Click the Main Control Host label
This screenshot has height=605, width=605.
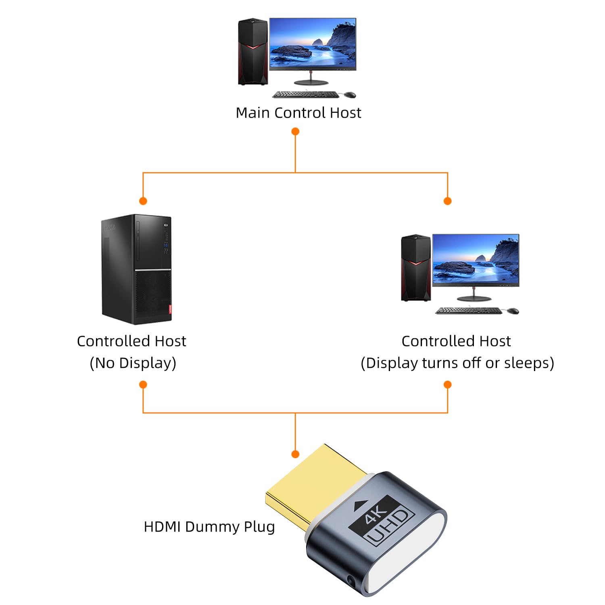click(x=298, y=113)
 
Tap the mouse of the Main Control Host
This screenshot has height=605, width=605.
click(x=350, y=94)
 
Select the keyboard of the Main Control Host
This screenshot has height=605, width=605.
click(x=306, y=94)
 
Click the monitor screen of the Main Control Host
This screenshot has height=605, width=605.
click(x=313, y=43)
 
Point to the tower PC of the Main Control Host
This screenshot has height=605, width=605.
click(x=253, y=52)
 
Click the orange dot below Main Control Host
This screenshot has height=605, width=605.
click(x=295, y=131)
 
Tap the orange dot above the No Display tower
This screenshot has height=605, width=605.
click(x=143, y=201)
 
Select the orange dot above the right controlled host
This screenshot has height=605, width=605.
click(x=447, y=201)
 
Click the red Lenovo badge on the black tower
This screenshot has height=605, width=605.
click(x=170, y=309)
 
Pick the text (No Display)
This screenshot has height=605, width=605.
click(x=133, y=363)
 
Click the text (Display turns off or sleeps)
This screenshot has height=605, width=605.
click(x=457, y=363)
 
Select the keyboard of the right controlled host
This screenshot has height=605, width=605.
click(x=469, y=311)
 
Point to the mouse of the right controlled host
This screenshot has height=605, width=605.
click(x=513, y=311)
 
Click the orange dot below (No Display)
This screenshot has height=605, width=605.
click(x=143, y=384)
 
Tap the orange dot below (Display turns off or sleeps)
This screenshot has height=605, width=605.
click(x=447, y=384)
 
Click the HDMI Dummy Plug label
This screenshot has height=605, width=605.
click(x=209, y=527)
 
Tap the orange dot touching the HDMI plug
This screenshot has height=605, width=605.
click(x=295, y=454)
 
